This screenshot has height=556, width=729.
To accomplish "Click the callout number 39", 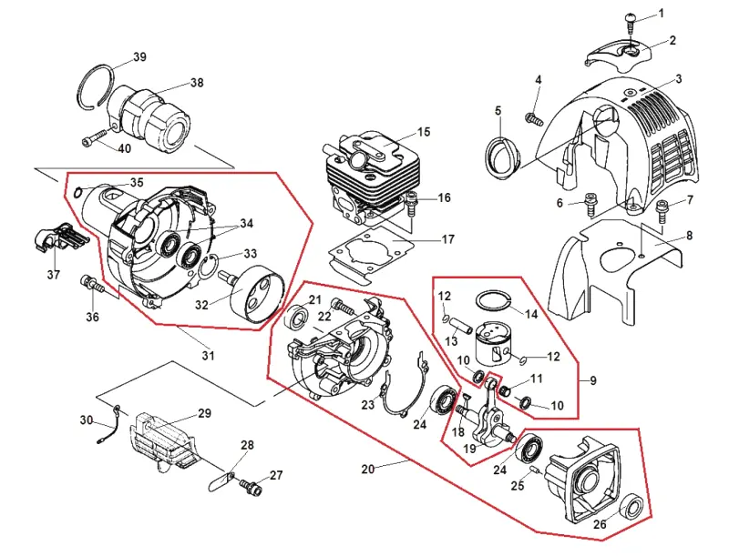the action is click(139, 56).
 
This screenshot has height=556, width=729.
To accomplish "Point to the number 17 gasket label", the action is click(447, 239).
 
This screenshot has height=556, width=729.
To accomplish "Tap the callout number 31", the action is click(208, 356).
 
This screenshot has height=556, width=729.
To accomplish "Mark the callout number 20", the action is click(368, 470).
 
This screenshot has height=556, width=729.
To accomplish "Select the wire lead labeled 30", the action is click(109, 424).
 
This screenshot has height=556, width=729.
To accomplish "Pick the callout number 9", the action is click(593, 381).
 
